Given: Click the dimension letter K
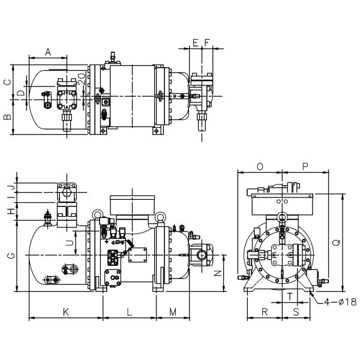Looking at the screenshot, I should pos(66,311).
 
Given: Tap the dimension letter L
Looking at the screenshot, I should pos(130,311).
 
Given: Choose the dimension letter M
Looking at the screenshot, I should pos(173,311).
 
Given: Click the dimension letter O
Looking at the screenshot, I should pos(260,166).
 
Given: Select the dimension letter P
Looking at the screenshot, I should pos(305,166).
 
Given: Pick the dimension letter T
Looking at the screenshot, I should pos(290,296).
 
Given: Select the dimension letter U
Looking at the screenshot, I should pos(69,242).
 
